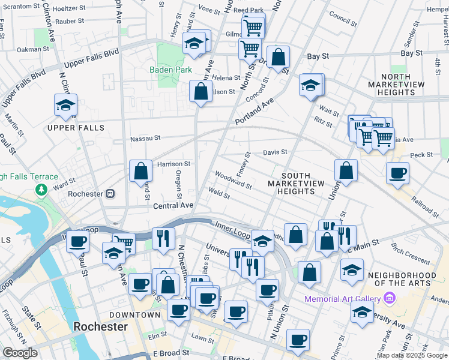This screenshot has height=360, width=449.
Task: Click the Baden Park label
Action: point(171,70)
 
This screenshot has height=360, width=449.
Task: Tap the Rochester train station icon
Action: point(110,194)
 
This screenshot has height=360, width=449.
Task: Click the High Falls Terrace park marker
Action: point(41,190)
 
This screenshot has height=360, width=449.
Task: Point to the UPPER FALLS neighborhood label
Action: point(76,128)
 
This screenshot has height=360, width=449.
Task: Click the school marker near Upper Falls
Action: point(65,106)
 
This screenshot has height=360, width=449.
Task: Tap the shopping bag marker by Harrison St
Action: point(140,172)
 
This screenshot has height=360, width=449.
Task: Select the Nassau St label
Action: point(146,138)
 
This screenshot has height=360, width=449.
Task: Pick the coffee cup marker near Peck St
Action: point(397,173)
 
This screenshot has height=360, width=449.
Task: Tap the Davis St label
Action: point(275,152)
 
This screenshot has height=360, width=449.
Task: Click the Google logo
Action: point(20,353)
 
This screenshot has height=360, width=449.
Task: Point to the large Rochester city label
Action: point(100,327)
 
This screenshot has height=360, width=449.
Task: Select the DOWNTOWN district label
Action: point(134,314)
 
